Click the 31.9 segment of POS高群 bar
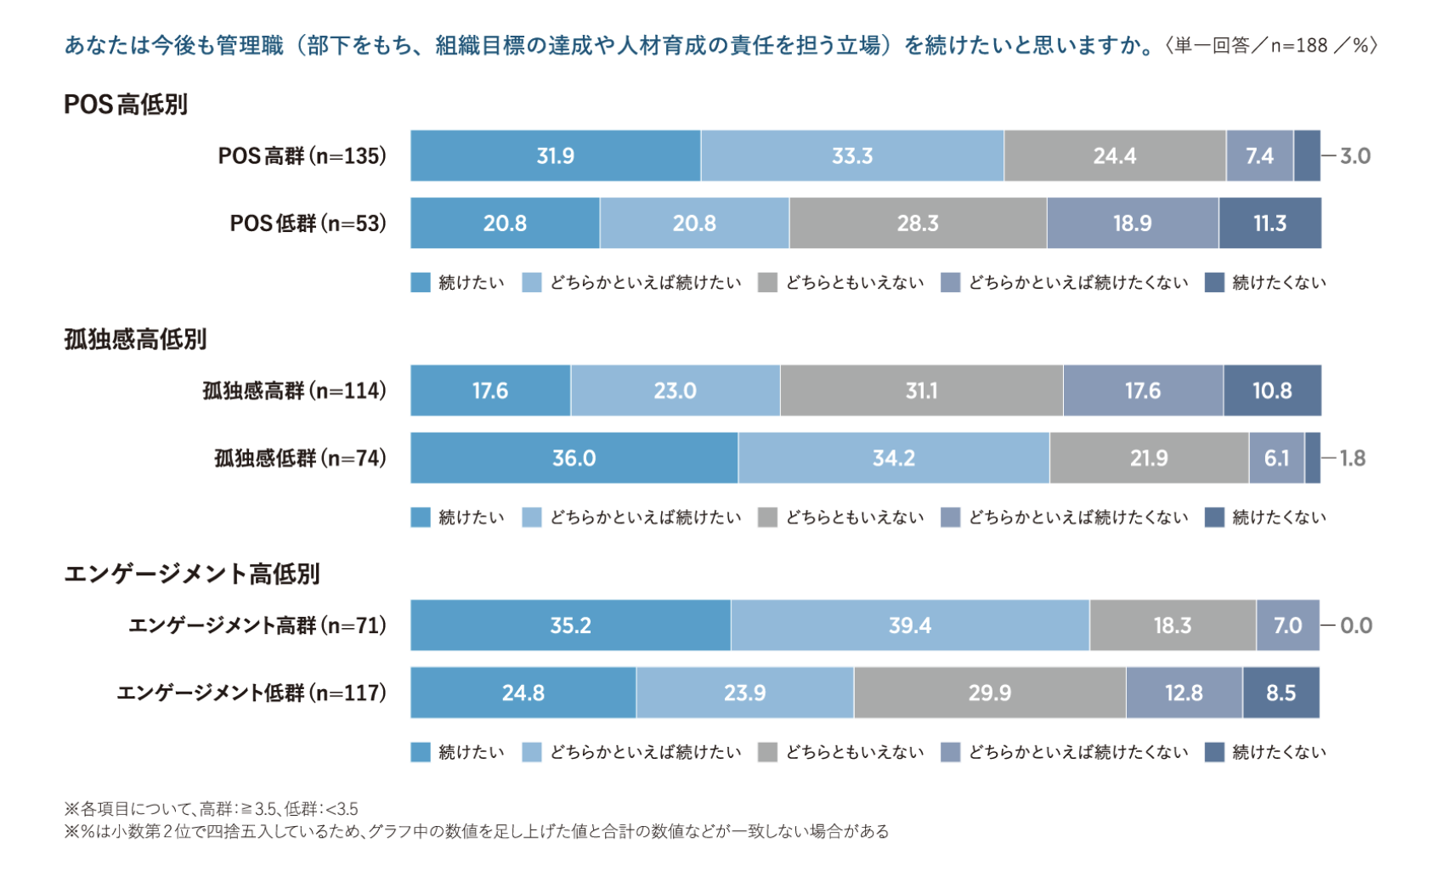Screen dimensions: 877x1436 555,156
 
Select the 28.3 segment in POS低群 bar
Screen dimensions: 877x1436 918,223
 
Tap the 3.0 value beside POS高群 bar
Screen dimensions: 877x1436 1354,156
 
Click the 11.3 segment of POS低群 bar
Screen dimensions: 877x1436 1269,223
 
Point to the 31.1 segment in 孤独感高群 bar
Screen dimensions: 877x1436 921,391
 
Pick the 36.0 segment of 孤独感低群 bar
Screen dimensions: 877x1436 574,459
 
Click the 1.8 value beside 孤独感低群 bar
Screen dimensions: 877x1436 1352,459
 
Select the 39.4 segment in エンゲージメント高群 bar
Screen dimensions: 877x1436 909,626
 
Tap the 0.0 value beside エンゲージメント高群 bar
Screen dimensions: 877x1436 1355,626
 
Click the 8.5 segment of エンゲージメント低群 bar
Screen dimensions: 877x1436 1281,693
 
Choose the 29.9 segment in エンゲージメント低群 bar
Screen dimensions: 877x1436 989,693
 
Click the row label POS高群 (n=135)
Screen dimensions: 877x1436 302,156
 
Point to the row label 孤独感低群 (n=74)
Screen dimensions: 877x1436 300,459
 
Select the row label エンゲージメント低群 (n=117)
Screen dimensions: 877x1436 252,693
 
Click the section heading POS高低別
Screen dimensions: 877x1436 126,105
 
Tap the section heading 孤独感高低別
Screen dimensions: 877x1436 135,340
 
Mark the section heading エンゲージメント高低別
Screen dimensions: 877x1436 192,574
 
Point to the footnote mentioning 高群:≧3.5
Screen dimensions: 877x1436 212,809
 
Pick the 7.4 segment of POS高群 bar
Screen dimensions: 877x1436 1259,156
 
